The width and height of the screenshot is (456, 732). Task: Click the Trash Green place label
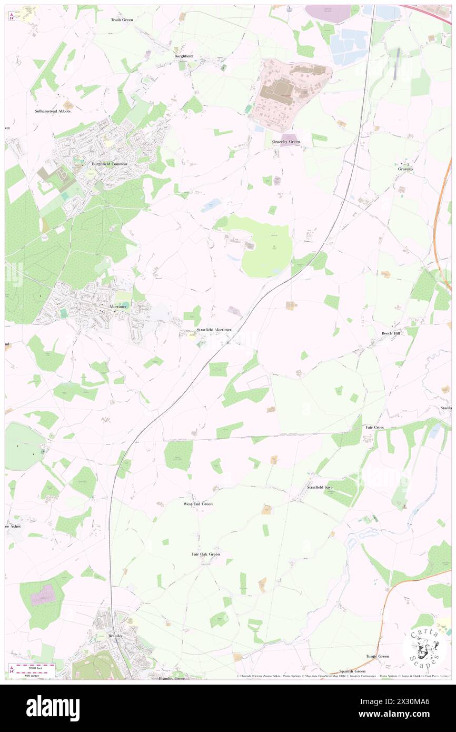point(122,19)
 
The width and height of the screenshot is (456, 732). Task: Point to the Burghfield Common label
point(110,164)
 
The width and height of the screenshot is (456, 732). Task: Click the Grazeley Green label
point(286,142)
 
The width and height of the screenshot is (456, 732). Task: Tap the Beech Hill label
point(391,333)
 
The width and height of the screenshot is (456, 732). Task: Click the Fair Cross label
point(374,427)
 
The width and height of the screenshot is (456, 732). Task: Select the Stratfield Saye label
point(320,487)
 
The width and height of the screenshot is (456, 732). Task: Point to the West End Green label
point(198,504)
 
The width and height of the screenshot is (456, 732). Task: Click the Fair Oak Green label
point(205,554)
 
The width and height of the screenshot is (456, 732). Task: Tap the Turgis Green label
point(378,656)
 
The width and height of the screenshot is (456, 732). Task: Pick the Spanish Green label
point(352,671)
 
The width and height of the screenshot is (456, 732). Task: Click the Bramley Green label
point(172,679)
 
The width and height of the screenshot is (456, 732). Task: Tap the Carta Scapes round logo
point(424,648)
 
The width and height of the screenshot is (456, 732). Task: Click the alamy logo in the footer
point(53,708)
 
